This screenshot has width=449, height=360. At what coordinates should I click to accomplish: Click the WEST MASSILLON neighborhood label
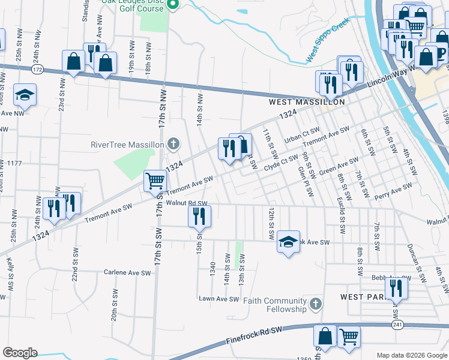point(306,103)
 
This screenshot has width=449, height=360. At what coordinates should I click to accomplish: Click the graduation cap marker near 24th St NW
point(25,94)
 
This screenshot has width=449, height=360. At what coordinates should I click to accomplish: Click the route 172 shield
point(37,71)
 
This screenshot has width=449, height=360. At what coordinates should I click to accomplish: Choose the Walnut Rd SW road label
point(186,203)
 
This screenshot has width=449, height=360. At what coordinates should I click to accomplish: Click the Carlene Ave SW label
point(126,272)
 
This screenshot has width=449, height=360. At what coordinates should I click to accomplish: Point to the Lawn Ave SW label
point(219,299)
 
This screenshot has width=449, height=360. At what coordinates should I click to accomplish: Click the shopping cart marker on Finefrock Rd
point(349,337)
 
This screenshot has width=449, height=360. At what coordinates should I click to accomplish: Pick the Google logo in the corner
point(20,353)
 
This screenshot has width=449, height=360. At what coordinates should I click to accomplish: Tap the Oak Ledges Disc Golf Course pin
point(173,5)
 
